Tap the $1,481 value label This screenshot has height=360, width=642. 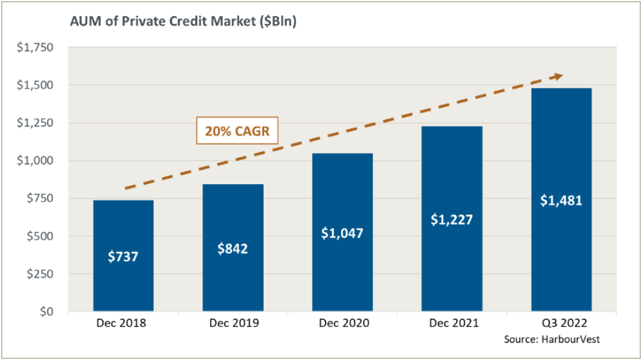pos(561,200)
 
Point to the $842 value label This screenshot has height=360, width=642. pos(233,248)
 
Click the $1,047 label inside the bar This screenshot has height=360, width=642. pos(342,233)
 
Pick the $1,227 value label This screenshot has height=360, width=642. pos(452,219)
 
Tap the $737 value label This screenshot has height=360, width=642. pos(123,257)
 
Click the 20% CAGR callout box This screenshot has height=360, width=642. pos(237,131)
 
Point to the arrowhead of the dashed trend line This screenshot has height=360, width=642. pos(558,76)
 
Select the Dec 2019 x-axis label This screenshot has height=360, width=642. pos(233,323)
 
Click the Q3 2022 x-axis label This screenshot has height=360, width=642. pos(561,323)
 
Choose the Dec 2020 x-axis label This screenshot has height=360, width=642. pos(342,323)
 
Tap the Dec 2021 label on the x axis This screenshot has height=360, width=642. pos(452,323)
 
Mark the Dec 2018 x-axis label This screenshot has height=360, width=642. pos(123,323)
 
